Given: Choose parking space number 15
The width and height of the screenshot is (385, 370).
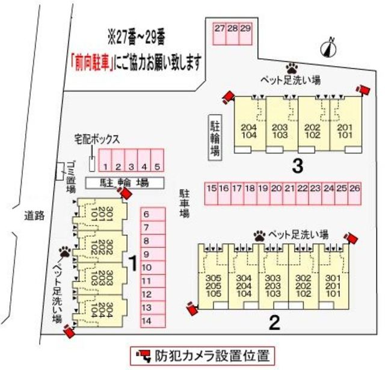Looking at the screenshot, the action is pos(211,194).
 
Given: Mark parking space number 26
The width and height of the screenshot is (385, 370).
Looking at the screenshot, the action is pos(355,194).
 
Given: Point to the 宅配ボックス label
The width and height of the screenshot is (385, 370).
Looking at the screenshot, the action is pos(97,138).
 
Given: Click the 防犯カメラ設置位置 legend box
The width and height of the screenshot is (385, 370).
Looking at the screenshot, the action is pos(202,354).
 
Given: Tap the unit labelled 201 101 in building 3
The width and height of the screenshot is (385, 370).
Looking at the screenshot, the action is pos(344,131).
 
